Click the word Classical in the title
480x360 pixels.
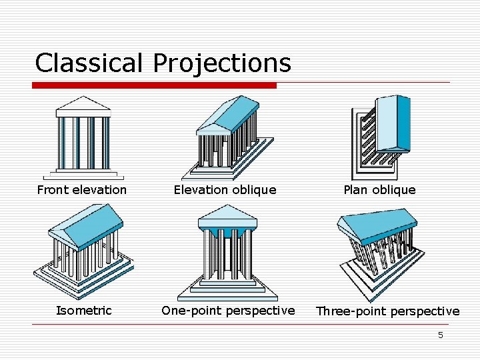(89, 63)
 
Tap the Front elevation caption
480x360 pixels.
(82, 190)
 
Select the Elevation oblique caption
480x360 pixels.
(225, 190)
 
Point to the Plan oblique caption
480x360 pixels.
(379, 190)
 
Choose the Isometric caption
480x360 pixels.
(84, 311)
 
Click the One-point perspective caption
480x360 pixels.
(228, 311)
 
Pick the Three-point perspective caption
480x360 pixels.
(387, 311)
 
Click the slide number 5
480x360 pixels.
(440, 335)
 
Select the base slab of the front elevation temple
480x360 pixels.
(83, 175)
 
